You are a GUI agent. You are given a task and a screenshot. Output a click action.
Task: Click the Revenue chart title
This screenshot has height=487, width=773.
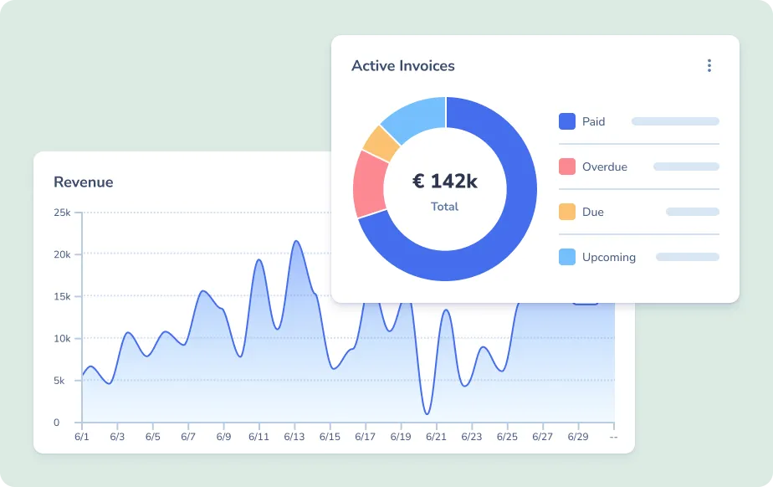tap(83, 182)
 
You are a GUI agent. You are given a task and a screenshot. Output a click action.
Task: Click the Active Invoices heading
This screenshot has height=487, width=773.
tap(403, 66)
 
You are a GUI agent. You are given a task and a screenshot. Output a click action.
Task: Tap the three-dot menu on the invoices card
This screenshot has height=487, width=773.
tap(709, 66)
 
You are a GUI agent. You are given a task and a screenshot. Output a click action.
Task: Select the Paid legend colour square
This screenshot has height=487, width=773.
tap(567, 121)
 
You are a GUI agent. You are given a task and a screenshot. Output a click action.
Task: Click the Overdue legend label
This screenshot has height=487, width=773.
tap(604, 167)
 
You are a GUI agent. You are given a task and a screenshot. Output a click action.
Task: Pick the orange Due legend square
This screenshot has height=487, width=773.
tap(567, 212)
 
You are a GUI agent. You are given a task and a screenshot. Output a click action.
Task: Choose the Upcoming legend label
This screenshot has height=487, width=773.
tap(608, 257)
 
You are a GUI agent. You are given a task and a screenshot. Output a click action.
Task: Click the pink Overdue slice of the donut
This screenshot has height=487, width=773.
tap(369, 183)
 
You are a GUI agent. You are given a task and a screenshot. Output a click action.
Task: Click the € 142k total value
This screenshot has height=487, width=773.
tap(445, 181)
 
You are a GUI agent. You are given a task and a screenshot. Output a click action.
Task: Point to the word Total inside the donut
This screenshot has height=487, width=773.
tap(445, 207)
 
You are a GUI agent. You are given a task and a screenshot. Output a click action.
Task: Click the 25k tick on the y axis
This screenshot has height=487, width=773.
tap(62, 213)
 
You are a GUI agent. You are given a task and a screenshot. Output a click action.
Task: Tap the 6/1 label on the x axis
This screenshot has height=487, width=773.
tap(82, 437)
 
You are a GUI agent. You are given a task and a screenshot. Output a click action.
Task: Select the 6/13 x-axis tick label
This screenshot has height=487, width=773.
tap(294, 437)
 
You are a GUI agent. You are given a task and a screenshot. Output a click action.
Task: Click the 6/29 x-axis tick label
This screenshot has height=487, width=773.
tap(577, 437)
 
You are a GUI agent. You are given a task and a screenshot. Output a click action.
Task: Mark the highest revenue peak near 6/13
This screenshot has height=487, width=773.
tap(296, 242)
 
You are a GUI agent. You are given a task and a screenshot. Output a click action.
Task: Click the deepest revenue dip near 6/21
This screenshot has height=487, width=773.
tap(427, 413)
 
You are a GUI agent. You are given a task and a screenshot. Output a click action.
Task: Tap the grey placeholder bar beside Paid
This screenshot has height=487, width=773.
tap(675, 121)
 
